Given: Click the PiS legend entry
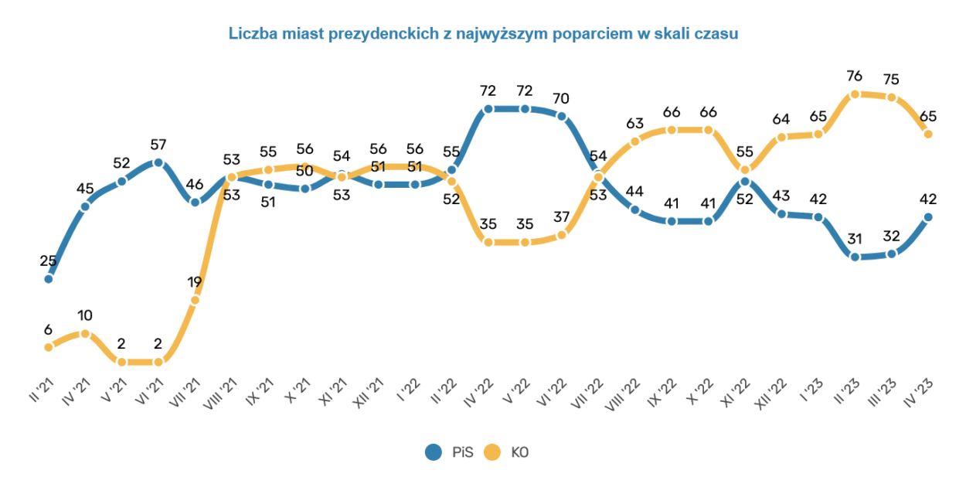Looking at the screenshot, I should tap(447, 452).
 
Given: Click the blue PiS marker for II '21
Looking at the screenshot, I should tap(48, 278).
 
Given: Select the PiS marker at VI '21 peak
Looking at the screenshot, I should tap(158, 162).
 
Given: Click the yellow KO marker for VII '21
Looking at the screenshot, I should tap(196, 300).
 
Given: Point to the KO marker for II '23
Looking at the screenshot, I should tap(855, 94).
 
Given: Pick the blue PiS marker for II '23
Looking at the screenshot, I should tap(855, 257).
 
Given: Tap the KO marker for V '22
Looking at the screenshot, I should tap(526, 242).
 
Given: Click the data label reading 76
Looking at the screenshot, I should tap(855, 76).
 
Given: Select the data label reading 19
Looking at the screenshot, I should tap(196, 281).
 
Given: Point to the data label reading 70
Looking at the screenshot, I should tap(562, 98).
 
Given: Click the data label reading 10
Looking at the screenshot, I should tap(85, 315).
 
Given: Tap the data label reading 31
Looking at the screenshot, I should tap(855, 240).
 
